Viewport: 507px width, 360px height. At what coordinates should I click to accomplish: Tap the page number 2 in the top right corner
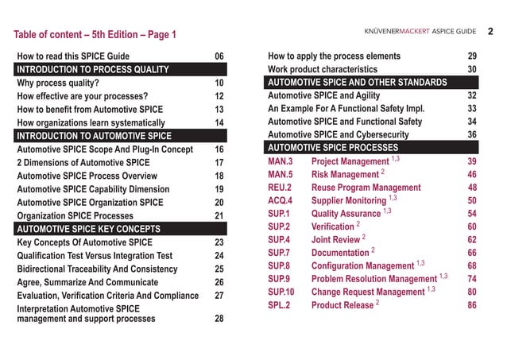(490, 32)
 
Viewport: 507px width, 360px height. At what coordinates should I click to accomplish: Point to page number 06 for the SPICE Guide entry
(219, 56)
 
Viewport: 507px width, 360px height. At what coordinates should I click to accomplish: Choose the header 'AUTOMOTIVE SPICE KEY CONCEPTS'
(88, 229)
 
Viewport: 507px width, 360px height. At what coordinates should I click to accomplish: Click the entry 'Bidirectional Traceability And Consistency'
(107, 269)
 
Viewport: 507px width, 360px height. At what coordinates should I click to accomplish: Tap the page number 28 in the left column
(219, 319)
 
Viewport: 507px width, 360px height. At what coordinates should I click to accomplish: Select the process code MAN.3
(281, 161)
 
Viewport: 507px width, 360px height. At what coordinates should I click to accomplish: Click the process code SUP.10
(284, 292)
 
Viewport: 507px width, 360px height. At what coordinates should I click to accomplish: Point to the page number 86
(472, 305)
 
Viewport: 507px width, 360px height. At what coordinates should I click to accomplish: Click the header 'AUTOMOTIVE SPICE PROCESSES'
(333, 149)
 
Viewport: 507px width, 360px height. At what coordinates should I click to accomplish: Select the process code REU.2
(281, 188)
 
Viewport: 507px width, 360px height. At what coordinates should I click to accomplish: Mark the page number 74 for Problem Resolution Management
(472, 279)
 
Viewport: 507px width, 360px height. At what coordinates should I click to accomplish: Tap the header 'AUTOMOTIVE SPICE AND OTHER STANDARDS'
(357, 83)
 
